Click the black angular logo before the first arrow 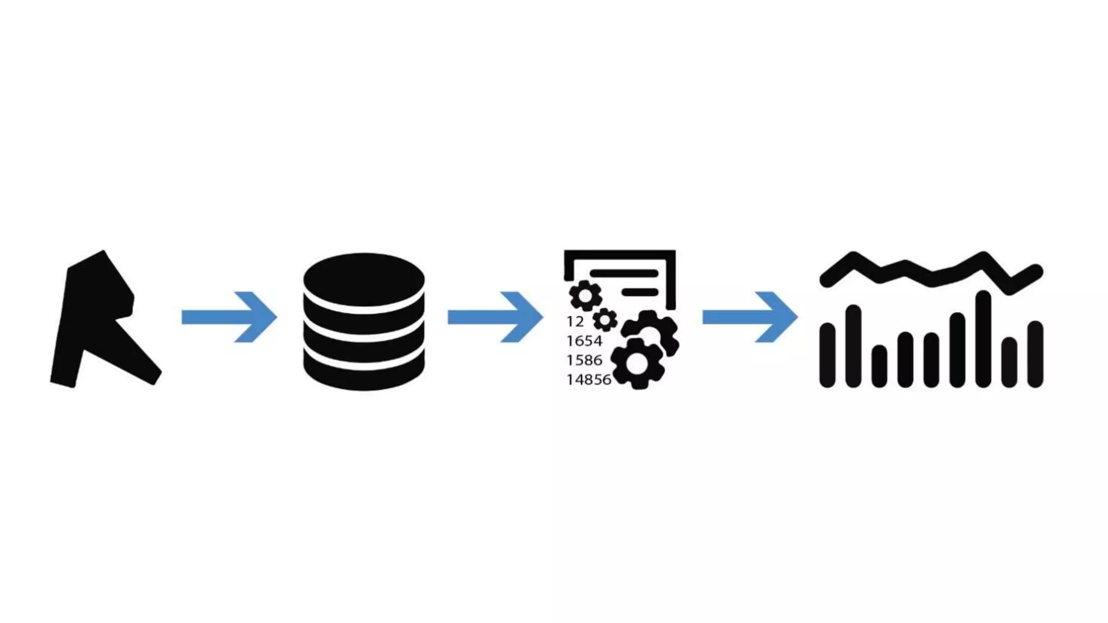97,319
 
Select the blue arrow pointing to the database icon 230,317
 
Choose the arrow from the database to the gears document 496,317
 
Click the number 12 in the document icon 575,322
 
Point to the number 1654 584,341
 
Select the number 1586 584,360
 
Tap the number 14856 589,380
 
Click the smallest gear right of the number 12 605,320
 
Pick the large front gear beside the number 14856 637,364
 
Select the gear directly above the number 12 585,296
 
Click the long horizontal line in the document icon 624,274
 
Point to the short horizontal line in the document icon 640,293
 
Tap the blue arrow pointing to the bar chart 750,317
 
